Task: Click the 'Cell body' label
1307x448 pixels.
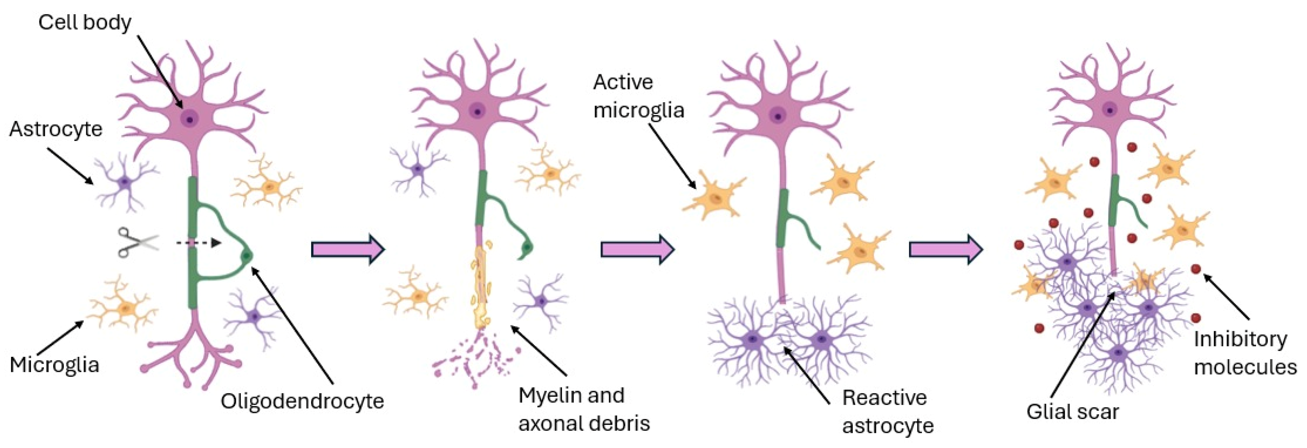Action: pyautogui.click(x=85, y=22)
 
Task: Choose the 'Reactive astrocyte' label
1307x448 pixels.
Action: pyautogui.click(x=887, y=411)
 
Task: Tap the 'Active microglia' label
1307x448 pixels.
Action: pyautogui.click(x=638, y=96)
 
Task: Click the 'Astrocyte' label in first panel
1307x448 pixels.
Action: pyautogui.click(x=56, y=129)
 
